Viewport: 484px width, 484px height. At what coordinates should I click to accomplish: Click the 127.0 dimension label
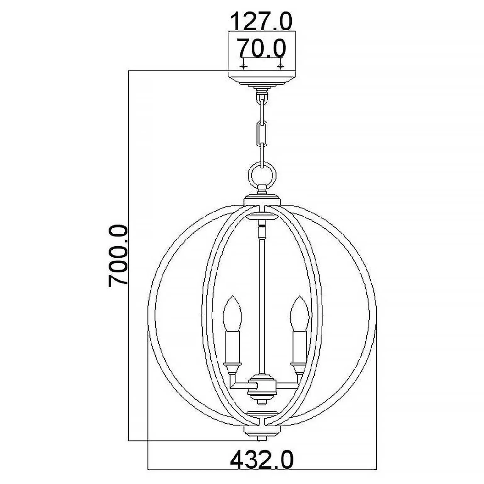click(x=261, y=21)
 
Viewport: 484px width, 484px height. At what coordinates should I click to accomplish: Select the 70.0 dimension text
click(x=261, y=48)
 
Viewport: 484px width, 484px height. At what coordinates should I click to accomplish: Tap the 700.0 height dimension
click(x=118, y=255)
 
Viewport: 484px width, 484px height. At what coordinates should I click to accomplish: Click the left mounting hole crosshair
click(x=243, y=66)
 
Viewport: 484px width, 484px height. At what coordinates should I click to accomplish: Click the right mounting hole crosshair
click(x=280, y=66)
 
